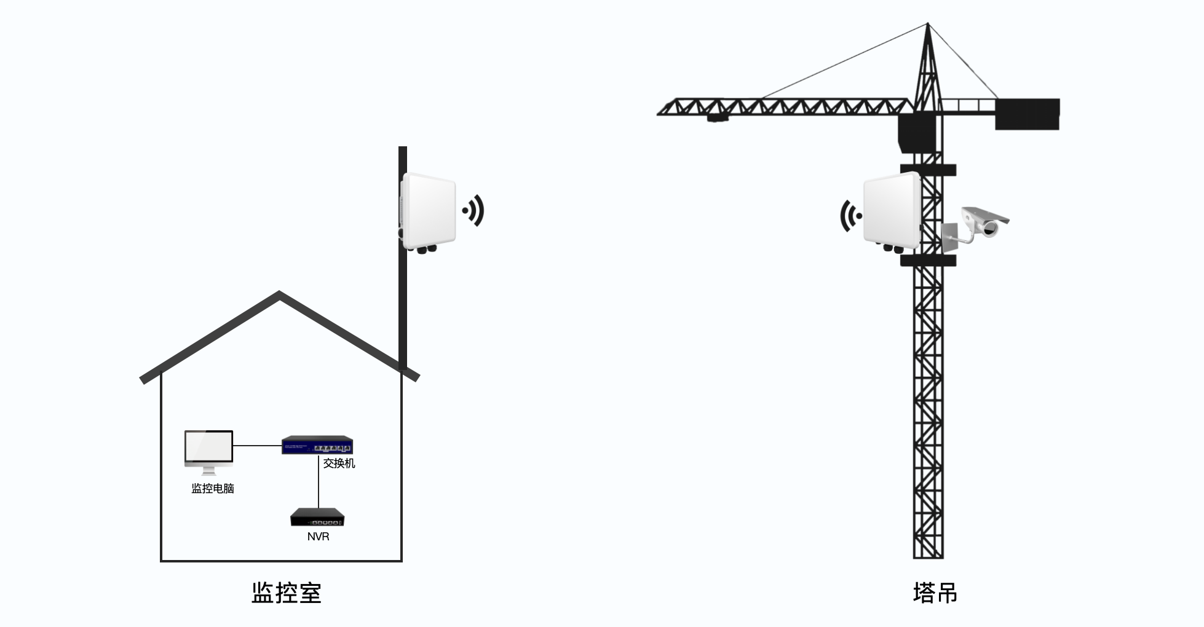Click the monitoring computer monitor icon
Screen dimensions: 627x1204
click(x=209, y=448)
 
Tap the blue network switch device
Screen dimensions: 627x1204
click(x=317, y=445)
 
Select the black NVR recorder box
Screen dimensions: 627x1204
click(x=317, y=517)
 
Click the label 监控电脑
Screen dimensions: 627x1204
click(x=213, y=489)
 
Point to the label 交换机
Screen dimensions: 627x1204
click(x=339, y=463)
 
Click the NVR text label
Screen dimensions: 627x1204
click(x=318, y=537)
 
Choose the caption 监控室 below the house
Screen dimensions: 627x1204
click(x=287, y=593)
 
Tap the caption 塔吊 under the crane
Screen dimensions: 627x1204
click(x=935, y=593)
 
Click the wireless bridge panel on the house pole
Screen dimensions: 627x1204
click(x=429, y=211)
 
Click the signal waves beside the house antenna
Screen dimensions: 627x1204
click(x=474, y=211)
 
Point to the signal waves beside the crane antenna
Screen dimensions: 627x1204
click(x=850, y=216)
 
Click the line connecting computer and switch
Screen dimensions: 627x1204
click(x=257, y=445)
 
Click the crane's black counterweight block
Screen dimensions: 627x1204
click(x=1027, y=114)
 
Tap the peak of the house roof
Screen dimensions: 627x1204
click(x=280, y=294)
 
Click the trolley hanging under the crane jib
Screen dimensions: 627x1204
click(x=717, y=117)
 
